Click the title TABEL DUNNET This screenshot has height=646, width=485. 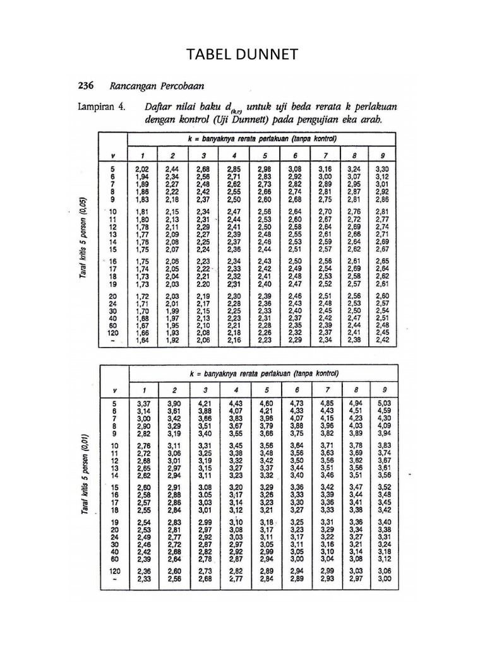[x=242, y=57]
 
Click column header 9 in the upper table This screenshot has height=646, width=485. [x=381, y=155]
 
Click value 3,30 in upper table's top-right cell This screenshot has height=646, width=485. [x=382, y=169]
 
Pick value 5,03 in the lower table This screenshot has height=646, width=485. [x=384, y=403]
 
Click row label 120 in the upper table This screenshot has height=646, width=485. [x=114, y=332]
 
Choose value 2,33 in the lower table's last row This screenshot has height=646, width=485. [x=143, y=579]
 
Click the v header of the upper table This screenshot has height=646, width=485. [x=114, y=155]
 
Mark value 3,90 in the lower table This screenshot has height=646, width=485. [x=172, y=403]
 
